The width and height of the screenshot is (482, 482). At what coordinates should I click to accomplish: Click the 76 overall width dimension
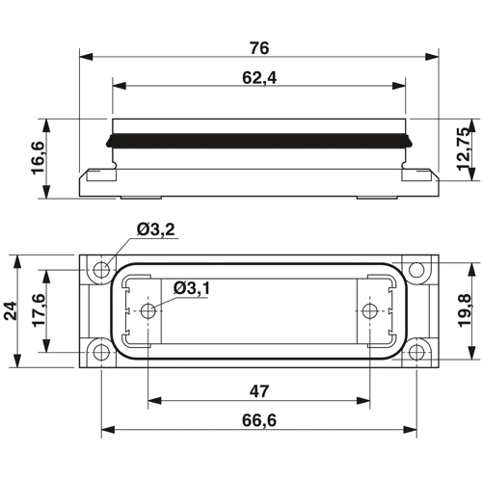(258, 47)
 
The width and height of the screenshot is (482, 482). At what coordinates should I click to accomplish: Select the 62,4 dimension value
(258, 78)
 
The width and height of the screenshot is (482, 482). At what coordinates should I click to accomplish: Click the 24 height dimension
(12, 310)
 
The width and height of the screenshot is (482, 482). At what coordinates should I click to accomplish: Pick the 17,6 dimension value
(41, 310)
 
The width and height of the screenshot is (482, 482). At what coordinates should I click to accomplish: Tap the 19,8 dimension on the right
(465, 310)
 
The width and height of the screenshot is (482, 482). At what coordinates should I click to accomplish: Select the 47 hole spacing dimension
(258, 392)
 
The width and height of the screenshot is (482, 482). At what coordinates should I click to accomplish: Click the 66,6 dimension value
(258, 421)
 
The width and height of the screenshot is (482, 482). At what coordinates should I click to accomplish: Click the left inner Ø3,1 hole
(147, 310)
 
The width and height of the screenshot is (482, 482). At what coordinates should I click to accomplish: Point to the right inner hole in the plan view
(369, 310)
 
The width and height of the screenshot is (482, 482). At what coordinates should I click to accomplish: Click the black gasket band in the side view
(258, 139)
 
